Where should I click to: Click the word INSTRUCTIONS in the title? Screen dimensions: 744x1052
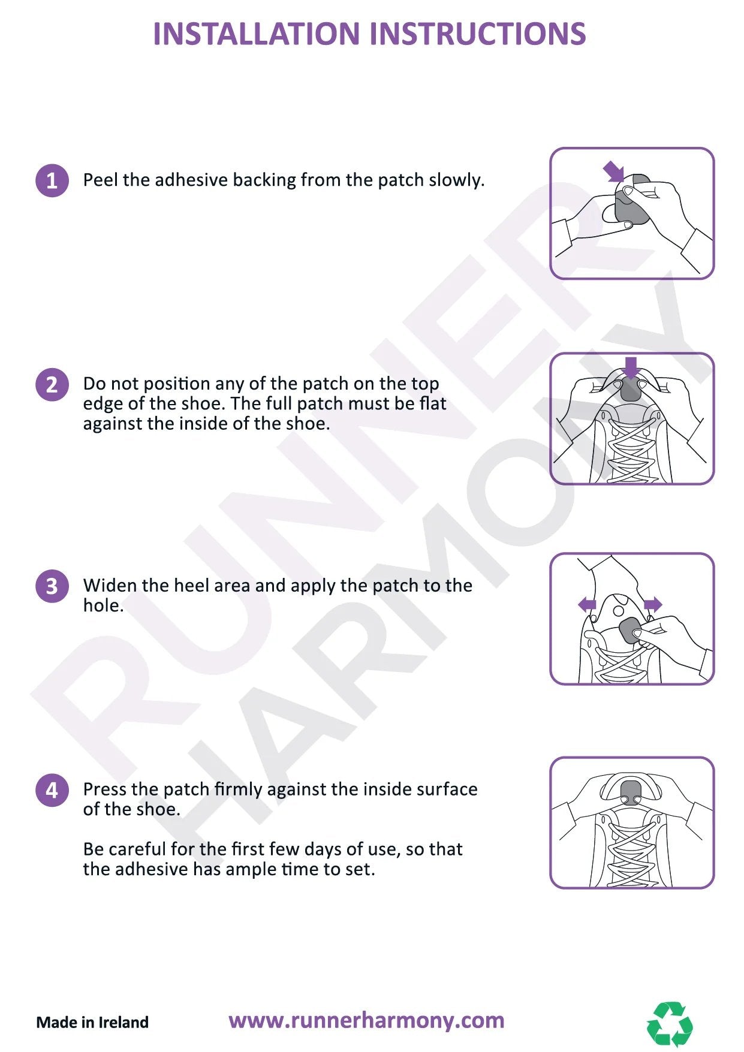[x=478, y=34]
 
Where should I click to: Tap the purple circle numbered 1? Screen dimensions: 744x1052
[x=52, y=180]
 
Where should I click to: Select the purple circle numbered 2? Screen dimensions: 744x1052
[x=52, y=384]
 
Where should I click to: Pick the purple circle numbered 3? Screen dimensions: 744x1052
[x=52, y=586]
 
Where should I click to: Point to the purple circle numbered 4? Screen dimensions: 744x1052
[x=52, y=789]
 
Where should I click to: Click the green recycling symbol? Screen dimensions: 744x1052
[x=670, y=1024]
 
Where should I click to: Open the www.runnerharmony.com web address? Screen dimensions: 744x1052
[x=366, y=1020]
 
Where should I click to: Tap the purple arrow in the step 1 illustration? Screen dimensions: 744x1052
[x=614, y=171]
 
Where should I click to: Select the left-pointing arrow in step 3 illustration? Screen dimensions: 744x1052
[x=588, y=604]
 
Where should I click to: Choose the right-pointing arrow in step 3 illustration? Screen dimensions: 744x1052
[x=653, y=604]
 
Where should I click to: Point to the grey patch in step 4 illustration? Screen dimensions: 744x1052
[x=631, y=792]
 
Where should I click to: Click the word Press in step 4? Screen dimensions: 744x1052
[x=104, y=789]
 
